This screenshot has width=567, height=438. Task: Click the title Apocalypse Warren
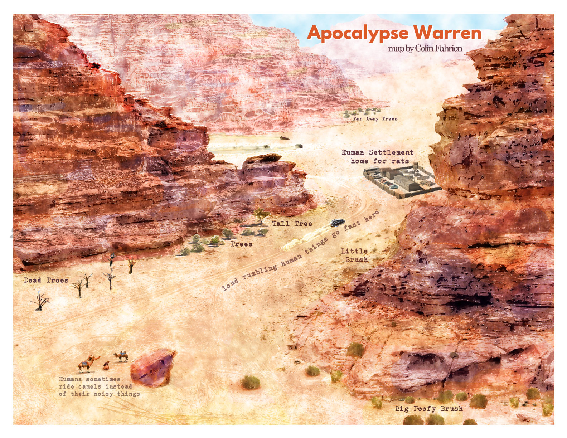(394, 33)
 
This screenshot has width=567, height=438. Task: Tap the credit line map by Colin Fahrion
(425, 48)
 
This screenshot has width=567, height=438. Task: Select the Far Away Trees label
(375, 118)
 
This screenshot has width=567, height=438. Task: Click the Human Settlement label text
(377, 152)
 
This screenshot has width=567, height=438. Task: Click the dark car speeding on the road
(337, 223)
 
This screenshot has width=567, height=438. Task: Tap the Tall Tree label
(292, 224)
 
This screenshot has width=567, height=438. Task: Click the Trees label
(241, 244)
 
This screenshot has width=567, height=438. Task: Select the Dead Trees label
(46, 280)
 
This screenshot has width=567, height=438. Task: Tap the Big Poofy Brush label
(428, 409)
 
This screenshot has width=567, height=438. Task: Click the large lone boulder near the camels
(153, 368)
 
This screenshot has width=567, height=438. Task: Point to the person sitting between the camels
(106, 366)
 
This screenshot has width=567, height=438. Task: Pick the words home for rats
(379, 161)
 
